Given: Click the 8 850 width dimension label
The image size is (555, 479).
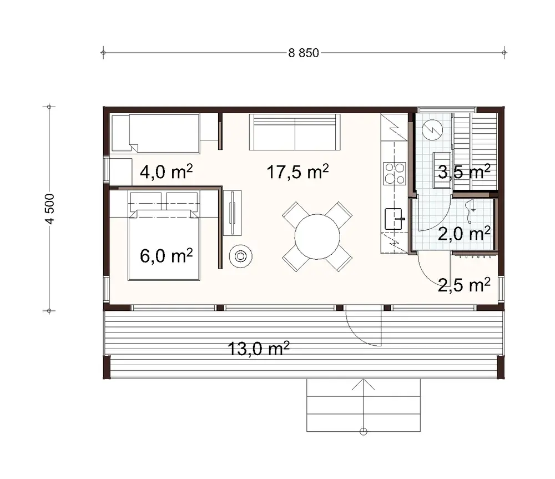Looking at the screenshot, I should point(304,53).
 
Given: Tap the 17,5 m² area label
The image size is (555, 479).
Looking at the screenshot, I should point(297,172).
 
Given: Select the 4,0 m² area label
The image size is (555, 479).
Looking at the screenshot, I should point(162,172).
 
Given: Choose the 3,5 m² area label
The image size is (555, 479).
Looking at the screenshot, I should point(464,172).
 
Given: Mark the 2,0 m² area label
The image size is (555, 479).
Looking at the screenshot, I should point(464,234).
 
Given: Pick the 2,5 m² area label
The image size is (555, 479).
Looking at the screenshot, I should point(464,286).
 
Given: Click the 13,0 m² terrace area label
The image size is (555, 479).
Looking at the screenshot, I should point(259,349).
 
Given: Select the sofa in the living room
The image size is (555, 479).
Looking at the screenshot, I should point(294,132).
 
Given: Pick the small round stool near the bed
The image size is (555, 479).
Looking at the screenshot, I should point(241,256).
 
